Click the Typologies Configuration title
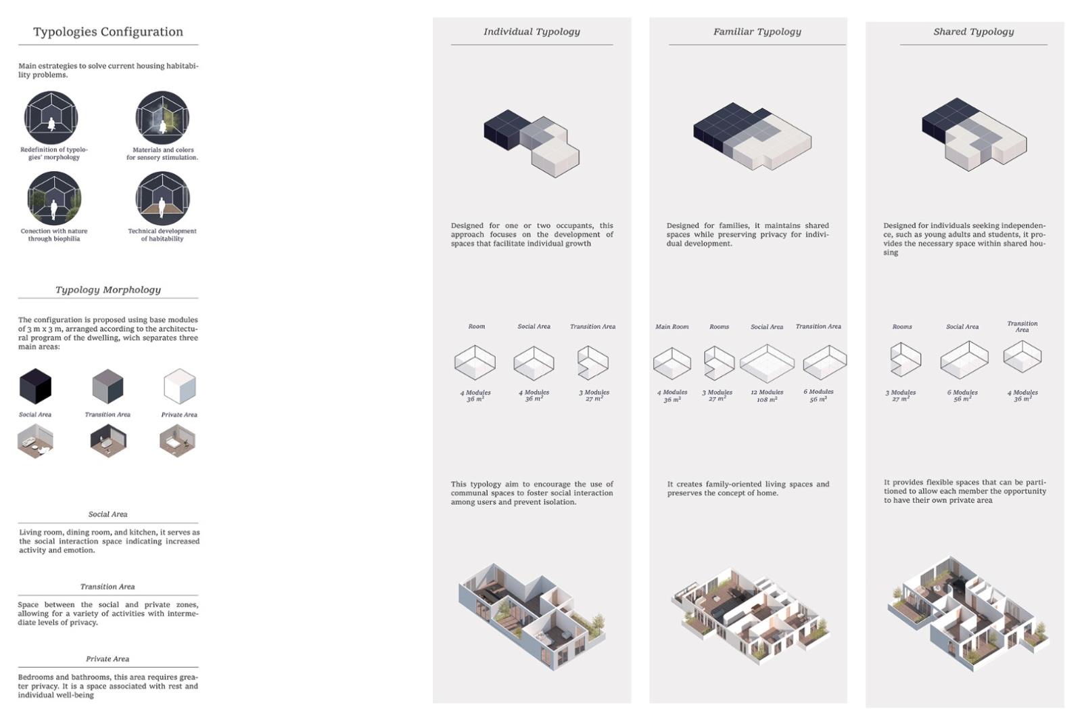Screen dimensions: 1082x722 [108, 32]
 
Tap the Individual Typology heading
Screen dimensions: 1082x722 [532, 32]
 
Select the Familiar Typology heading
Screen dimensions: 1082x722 [757, 32]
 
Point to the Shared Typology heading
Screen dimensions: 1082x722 [973, 32]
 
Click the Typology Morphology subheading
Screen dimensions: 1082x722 [108, 290]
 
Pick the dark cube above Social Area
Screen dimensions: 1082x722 [35, 386]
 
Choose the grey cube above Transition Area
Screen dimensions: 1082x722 [108, 386]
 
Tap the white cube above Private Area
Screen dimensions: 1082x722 [180, 386]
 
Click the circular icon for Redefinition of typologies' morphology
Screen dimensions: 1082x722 [51, 118]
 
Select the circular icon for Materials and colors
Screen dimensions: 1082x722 [162, 118]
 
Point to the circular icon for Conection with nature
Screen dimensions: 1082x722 [54, 198]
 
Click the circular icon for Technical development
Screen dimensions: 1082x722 [162, 198]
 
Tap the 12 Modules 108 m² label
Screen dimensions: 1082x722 [767, 396]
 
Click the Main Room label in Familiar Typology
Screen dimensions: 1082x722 [672, 327]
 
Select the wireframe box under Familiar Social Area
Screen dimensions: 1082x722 [767, 363]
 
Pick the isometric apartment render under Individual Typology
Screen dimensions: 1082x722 [532, 616]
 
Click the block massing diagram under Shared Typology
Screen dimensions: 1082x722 [974, 134]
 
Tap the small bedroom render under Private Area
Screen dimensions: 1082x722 [178, 441]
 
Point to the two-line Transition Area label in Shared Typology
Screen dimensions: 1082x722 [1022, 326]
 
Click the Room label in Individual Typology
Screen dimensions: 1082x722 [476, 327]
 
